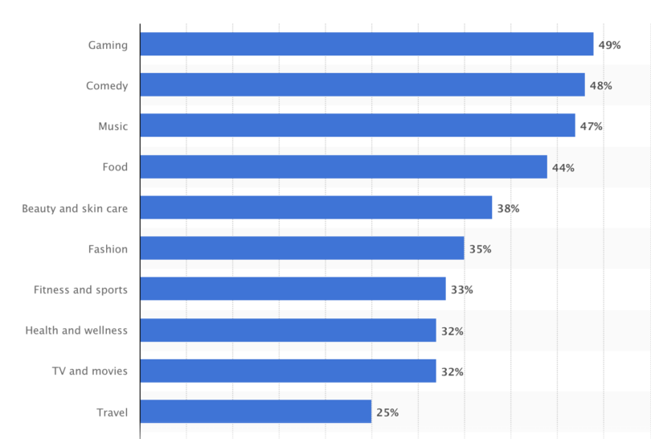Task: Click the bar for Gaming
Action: point(366,44)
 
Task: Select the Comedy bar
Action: point(362,85)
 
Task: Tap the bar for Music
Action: point(358,125)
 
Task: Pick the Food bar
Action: point(343,166)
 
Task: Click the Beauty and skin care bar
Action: point(316,207)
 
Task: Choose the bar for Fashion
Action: point(301,248)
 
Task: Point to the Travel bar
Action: point(256,412)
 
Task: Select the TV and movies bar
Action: point(288,371)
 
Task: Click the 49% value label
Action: point(609,45)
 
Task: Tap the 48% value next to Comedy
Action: point(600,85)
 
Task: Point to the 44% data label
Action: point(563,167)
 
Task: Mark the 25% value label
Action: point(387,412)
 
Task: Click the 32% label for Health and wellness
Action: point(452,330)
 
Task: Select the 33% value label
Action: point(461,289)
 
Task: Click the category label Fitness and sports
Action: point(80,289)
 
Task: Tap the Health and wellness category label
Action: point(76,330)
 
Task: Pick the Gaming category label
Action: point(108,45)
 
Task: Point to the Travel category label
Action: point(112,412)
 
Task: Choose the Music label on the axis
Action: point(113,126)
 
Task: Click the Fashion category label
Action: point(108,249)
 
